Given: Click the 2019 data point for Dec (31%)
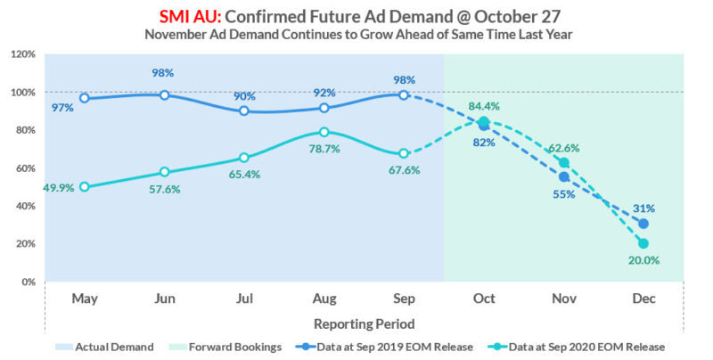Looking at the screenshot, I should tap(643, 224).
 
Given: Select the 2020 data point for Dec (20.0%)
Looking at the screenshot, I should tap(643, 243).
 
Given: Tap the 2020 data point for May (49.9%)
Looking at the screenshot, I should tap(84, 187).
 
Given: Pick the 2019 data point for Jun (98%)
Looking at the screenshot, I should tap(164, 94).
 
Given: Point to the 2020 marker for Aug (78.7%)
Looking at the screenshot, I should tap(324, 132).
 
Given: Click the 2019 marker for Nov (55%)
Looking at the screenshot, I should tap(563, 176).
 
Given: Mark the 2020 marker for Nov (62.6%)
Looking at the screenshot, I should tap(563, 163).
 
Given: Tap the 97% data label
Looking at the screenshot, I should tap(62, 108).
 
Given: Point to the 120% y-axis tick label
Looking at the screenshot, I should tap(23, 54).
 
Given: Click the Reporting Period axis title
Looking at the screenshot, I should tap(364, 323).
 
